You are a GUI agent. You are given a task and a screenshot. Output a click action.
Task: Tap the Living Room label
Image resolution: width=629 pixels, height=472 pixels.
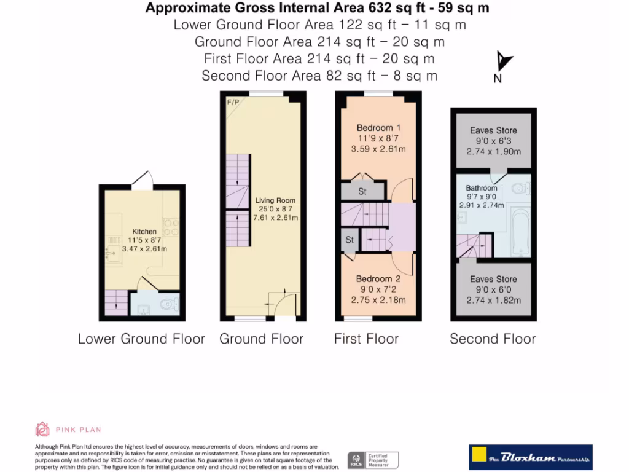[275, 200]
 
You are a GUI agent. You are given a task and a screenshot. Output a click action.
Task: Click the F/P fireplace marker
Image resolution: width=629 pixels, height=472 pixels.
[233, 102]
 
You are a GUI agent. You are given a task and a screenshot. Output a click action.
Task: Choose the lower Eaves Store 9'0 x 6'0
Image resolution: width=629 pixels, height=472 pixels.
[493, 289]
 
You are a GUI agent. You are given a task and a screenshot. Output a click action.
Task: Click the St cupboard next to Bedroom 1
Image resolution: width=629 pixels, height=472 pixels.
[362, 192]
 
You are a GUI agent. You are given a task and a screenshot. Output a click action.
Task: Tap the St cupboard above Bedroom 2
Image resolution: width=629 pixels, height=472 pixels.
[350, 240]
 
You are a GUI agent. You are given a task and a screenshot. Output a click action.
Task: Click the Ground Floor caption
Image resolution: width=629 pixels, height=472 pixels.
[261, 339]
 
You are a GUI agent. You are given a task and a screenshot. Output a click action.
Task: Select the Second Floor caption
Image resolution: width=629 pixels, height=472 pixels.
[493, 339]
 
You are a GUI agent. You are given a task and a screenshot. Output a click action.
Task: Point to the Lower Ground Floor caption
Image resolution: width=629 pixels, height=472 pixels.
[141, 339]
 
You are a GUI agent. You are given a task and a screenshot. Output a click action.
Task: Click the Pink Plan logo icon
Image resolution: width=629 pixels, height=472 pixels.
[42, 429]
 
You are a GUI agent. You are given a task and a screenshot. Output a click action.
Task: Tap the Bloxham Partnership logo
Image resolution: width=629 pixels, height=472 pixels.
[530, 457]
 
